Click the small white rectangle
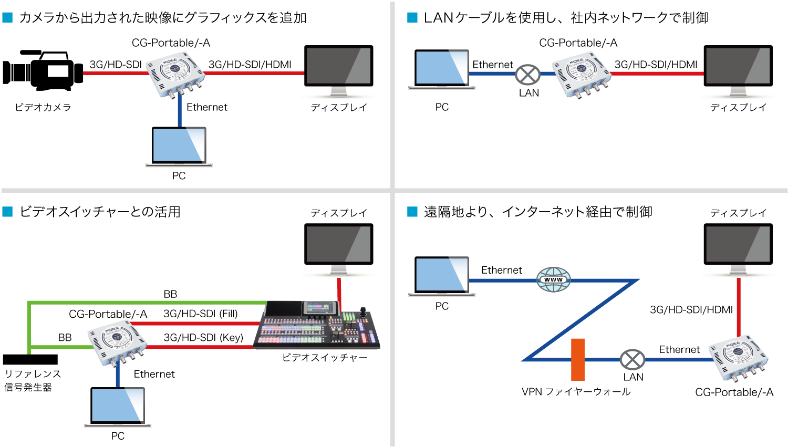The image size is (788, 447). pyautogui.click(x=58, y=71)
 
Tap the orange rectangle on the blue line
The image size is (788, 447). pyautogui.click(x=578, y=359)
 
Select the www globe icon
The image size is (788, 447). pyautogui.click(x=553, y=279)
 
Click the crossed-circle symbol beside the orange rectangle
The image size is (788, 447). pyautogui.click(x=633, y=360)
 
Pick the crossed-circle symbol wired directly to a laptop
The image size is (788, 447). pyautogui.click(x=527, y=75)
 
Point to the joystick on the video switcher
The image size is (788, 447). pyautogui.click(x=362, y=311)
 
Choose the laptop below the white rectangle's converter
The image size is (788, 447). pyautogui.click(x=179, y=146)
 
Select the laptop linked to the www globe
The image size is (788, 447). pyautogui.click(x=442, y=276)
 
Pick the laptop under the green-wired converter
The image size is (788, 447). pyautogui.click(x=118, y=407)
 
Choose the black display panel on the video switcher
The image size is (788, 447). pyautogui.click(x=284, y=308)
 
